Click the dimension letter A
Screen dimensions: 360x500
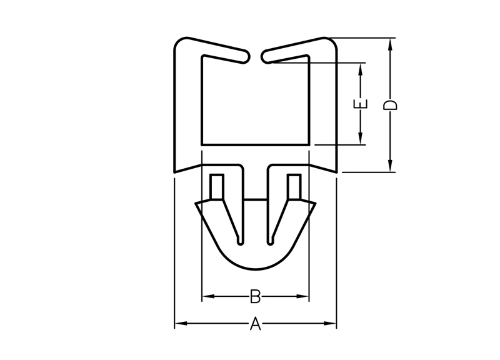pyautogui.click(x=255, y=324)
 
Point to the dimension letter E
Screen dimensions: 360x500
pyautogui.click(x=361, y=104)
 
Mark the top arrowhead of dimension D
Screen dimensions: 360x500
pyautogui.click(x=390, y=42)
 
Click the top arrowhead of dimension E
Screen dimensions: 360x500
pyautogui.click(x=361, y=67)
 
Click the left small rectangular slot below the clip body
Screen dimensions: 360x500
pyautogui.click(x=217, y=186)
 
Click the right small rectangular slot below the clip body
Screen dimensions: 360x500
pyautogui.click(x=294, y=186)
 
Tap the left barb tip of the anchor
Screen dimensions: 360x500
pyautogui.click(x=196, y=204)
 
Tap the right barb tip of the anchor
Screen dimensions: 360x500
pyautogui.click(x=315, y=204)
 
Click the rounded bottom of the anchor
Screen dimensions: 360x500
pyautogui.click(x=256, y=269)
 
